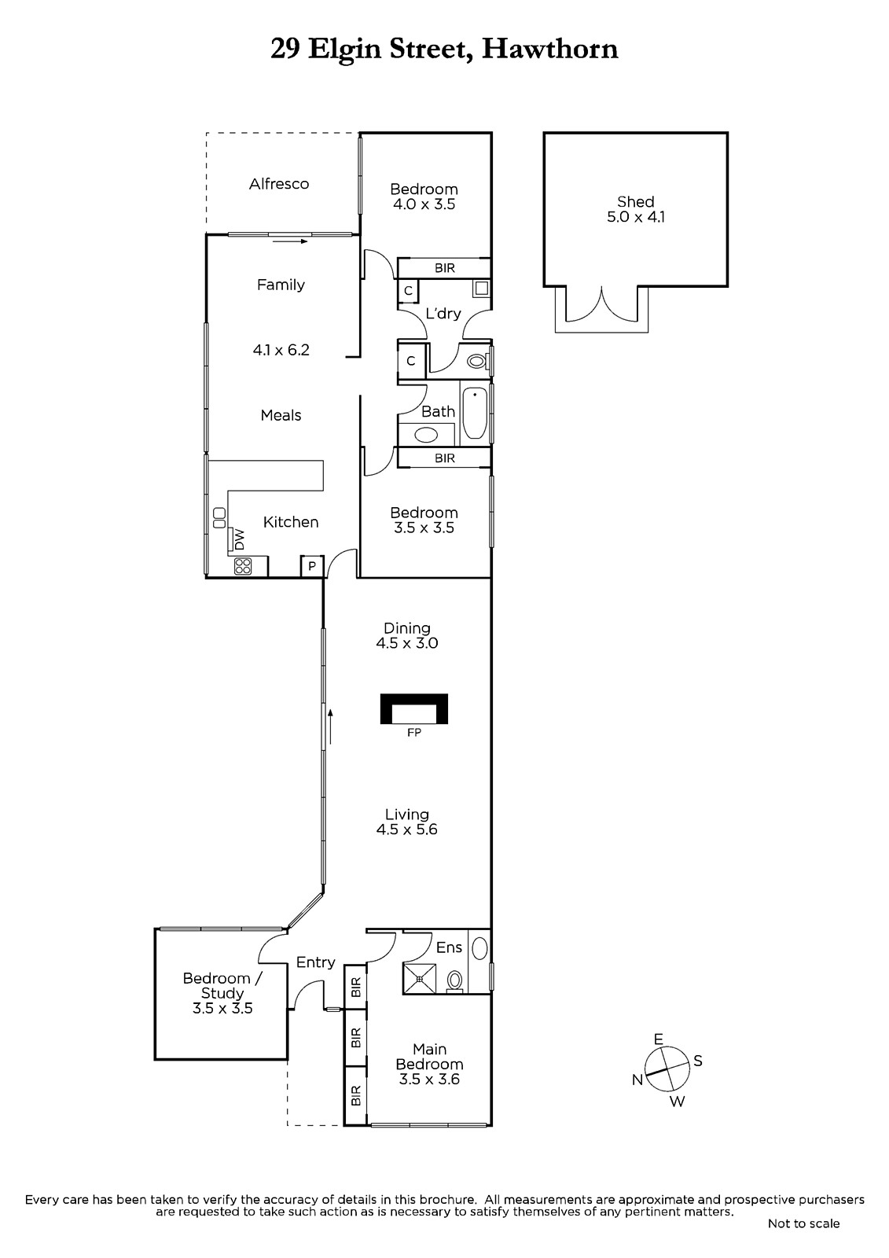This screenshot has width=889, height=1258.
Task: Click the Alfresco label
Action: (x=279, y=184)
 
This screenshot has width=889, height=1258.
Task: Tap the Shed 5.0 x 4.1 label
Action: (x=635, y=209)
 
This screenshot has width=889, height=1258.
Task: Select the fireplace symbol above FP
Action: (x=414, y=708)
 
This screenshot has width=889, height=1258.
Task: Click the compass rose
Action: (x=666, y=1069)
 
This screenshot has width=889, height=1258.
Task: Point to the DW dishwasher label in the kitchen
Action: (x=240, y=539)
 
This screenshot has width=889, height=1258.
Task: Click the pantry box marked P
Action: (x=312, y=566)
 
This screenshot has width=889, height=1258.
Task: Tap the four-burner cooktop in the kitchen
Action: (x=243, y=565)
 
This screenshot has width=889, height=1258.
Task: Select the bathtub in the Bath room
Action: (x=475, y=413)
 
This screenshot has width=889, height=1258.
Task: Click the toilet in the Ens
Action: (x=455, y=982)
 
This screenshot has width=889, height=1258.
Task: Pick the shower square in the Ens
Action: (x=420, y=980)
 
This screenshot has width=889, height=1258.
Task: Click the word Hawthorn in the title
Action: (x=550, y=49)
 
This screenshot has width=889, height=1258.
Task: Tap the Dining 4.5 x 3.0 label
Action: (x=407, y=635)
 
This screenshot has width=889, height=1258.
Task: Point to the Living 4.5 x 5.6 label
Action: (x=406, y=822)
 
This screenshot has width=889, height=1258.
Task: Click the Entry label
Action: (x=316, y=962)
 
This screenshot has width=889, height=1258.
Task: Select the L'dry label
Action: (x=443, y=314)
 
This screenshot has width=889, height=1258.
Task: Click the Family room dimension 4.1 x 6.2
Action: (x=281, y=350)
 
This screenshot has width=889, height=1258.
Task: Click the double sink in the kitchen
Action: (x=219, y=517)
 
